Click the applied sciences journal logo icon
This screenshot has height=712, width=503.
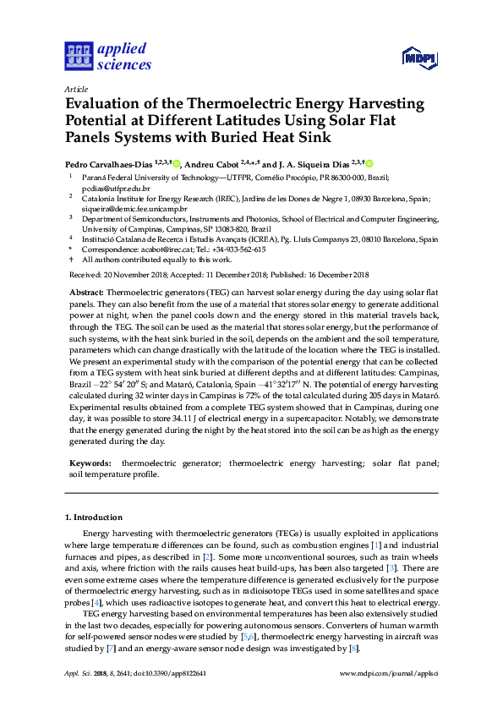pyautogui.click(x=78, y=56)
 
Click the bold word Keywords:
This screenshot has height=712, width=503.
pyautogui.click(x=90, y=464)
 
